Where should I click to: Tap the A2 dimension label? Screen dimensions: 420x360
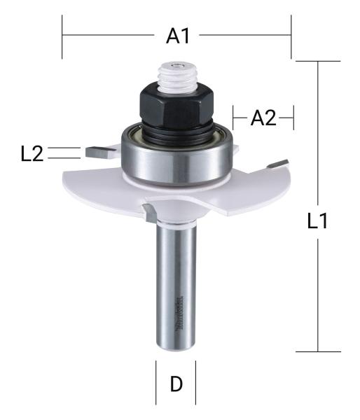point(263,118)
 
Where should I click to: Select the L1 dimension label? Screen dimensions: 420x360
point(319,222)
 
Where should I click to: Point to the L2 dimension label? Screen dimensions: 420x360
point(32,154)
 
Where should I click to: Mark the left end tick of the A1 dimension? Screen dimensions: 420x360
point(62,37)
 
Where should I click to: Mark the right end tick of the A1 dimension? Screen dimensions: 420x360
point(290,37)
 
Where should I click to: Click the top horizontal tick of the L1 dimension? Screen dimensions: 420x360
point(318,62)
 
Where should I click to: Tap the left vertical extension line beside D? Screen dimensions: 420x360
point(155,384)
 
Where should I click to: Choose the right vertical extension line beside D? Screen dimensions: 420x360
point(195,384)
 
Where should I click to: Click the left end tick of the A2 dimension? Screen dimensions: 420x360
point(234,118)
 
